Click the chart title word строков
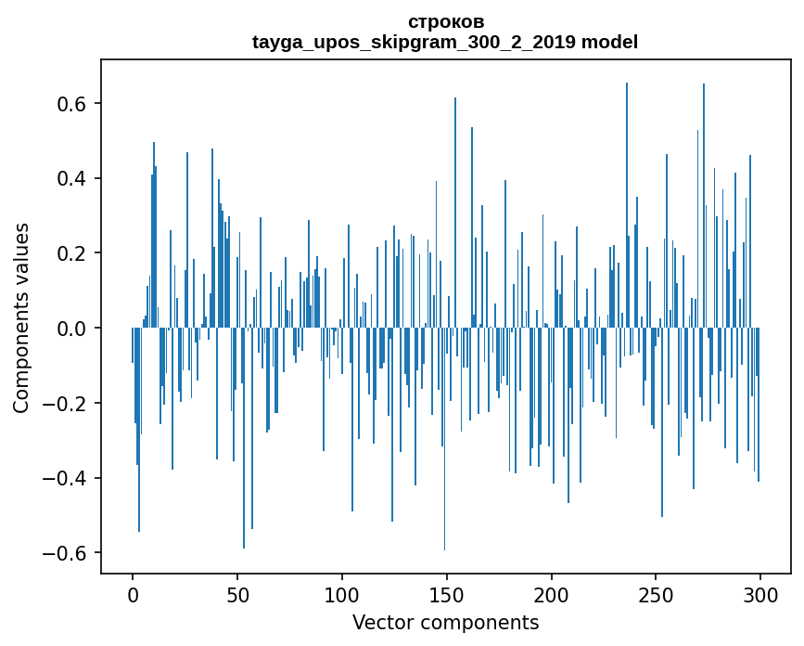click(445, 21)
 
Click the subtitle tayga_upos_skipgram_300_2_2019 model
click(445, 42)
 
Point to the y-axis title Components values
click(21, 317)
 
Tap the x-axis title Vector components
click(445, 622)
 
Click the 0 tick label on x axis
click(133, 595)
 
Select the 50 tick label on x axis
click(237, 595)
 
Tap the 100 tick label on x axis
click(342, 595)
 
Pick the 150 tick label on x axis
click(447, 595)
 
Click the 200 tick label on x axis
click(552, 595)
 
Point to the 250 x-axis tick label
click(657, 595)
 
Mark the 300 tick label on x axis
click(760, 595)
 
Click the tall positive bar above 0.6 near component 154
click(455, 213)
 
